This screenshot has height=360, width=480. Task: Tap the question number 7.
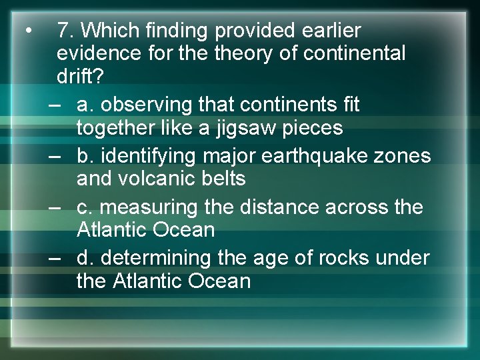(x=64, y=31)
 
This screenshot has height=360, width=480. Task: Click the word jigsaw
(x=239, y=127)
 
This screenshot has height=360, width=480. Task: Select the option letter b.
(x=83, y=156)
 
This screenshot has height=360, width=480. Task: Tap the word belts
(x=225, y=179)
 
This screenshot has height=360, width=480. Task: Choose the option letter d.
(x=83, y=258)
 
